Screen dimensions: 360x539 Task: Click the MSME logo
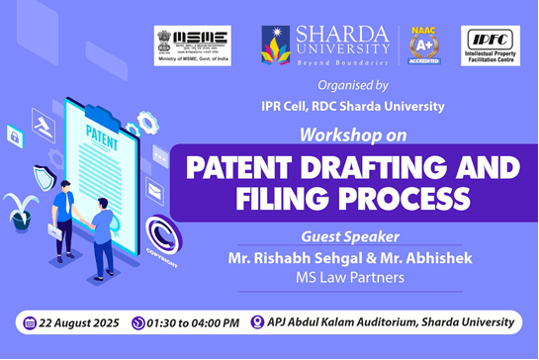point(192,45)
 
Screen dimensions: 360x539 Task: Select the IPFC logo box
point(491,45)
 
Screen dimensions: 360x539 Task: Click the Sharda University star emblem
point(278,45)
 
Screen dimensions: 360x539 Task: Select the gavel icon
point(43,127)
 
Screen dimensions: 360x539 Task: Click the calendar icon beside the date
point(29,322)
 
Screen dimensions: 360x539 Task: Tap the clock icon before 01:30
point(137,322)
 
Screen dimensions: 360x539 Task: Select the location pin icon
point(257,322)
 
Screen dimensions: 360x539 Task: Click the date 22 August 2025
point(78,322)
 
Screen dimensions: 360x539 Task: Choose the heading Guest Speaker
point(350,237)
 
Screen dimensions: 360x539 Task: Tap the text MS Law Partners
point(350,277)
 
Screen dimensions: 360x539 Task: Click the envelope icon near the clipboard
point(155,188)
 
